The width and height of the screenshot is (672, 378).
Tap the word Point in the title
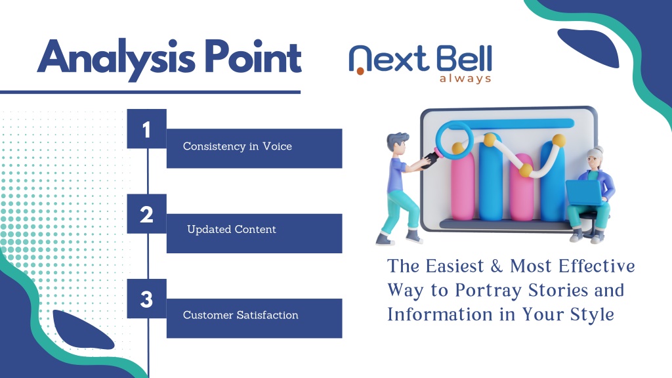click(x=253, y=56)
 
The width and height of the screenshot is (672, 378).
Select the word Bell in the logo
click(x=465, y=58)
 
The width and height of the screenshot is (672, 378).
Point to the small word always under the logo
click(x=465, y=79)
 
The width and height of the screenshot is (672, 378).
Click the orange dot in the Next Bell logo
click(x=360, y=71)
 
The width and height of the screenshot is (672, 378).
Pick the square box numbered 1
click(x=146, y=129)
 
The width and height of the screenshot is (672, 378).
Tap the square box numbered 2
click(x=146, y=214)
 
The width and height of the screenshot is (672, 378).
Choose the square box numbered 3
click(x=146, y=299)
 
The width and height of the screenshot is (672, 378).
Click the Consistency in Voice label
click(x=238, y=146)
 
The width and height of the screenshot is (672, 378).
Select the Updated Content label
click(x=232, y=230)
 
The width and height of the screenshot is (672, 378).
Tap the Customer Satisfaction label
click(x=240, y=315)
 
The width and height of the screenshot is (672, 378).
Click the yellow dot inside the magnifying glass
click(x=457, y=148)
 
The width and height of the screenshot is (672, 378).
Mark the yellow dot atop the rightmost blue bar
click(x=558, y=140)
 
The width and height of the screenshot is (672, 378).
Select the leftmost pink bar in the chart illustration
click(x=463, y=185)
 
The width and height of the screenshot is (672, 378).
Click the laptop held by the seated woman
click(x=583, y=192)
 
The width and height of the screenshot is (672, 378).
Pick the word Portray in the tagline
click(x=488, y=291)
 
